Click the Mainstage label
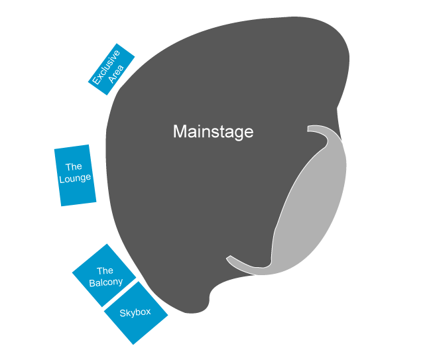pyautogui.click(x=213, y=131)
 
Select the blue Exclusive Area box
pyautogui.click(x=111, y=70)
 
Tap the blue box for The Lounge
pyautogui.click(x=74, y=175)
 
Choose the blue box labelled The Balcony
pyautogui.click(x=104, y=275)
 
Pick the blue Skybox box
pyautogui.click(x=136, y=312)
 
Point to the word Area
pyautogui.click(x=117, y=74)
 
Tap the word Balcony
pyautogui.click(x=106, y=282)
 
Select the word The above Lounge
pyautogui.click(x=73, y=167)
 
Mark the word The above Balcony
pyautogui.click(x=105, y=270)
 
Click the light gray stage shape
pyautogui.click(x=312, y=212)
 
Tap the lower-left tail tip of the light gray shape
pyautogui.click(x=229, y=258)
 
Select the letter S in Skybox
pyautogui.click(x=123, y=312)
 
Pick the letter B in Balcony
pyautogui.click(x=92, y=282)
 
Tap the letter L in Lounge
pyautogui.click(x=61, y=179)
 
